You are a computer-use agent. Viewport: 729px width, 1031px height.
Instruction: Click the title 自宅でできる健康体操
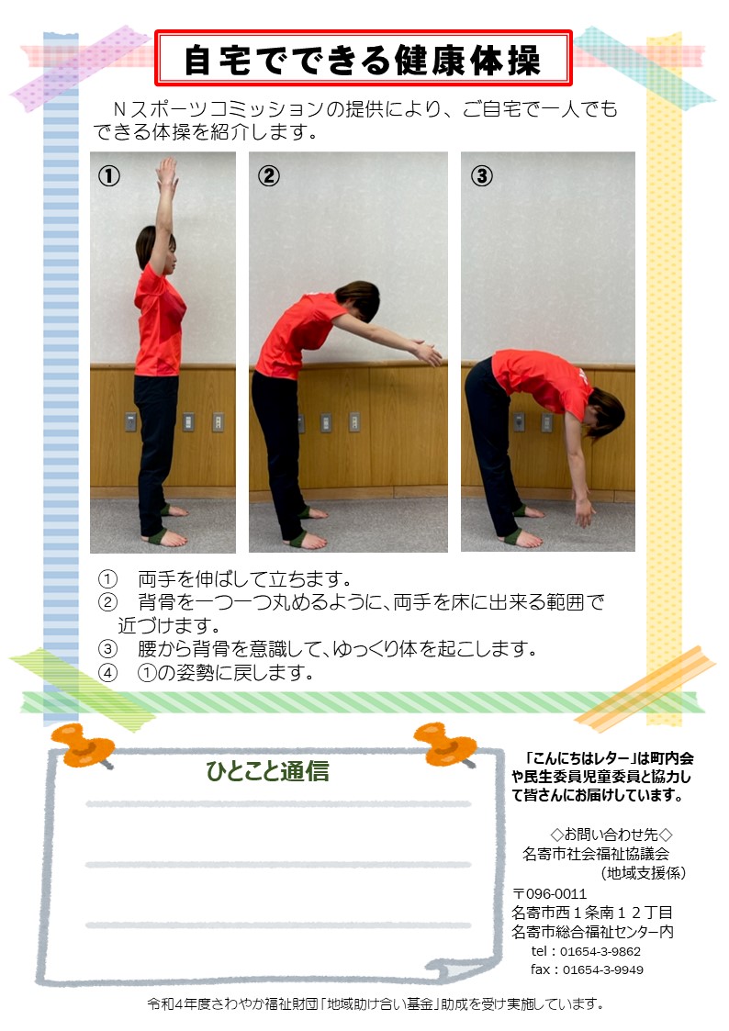pos(362,60)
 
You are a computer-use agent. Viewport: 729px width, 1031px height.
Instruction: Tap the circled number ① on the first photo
pos(109,175)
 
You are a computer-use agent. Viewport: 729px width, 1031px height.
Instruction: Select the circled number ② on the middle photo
pos(268,175)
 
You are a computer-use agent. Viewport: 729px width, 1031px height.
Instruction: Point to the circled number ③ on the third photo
pos(482,175)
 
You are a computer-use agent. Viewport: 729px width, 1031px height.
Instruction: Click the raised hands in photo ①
pos(167,173)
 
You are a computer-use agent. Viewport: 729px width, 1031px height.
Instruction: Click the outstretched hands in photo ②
pos(426,351)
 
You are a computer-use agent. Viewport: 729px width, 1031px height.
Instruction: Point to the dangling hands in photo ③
pos(584,511)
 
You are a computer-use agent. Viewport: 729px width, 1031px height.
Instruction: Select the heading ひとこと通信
pos(267,770)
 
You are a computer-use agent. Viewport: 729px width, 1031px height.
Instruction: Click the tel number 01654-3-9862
pos(600,951)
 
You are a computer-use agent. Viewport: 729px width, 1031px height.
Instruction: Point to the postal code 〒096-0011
pos(550,893)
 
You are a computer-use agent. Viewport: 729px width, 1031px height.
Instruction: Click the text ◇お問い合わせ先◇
pos(611,835)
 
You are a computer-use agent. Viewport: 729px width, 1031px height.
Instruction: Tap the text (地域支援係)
pos(643,872)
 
